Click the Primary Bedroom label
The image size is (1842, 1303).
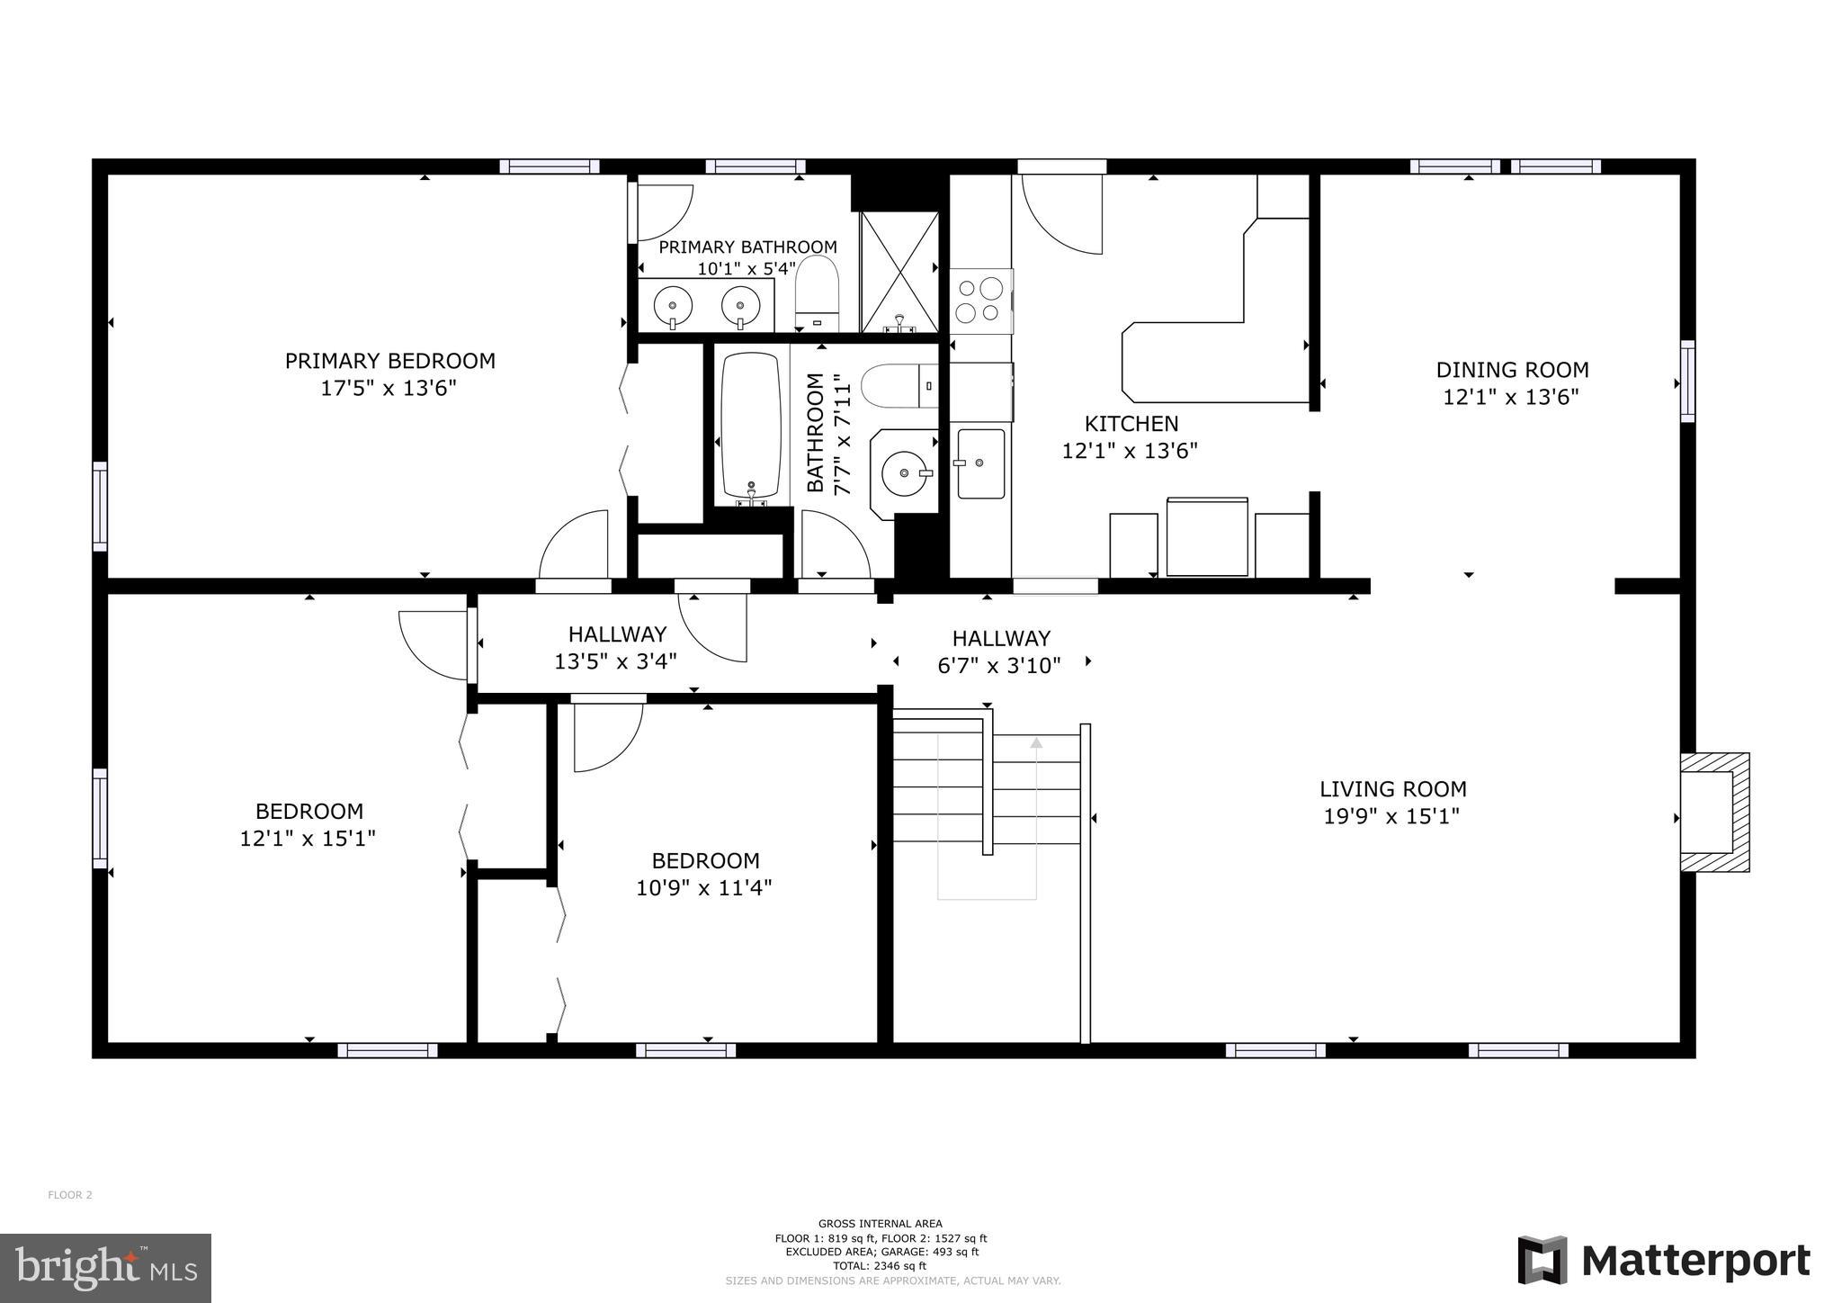(389, 361)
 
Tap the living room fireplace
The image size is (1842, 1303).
(1713, 812)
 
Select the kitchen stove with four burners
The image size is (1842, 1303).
(980, 301)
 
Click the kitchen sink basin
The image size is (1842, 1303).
(980, 463)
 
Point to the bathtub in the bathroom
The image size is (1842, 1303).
(751, 425)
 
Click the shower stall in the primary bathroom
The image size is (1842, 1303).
(899, 272)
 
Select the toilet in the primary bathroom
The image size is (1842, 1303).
(817, 292)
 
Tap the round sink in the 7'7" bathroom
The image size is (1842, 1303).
(903, 473)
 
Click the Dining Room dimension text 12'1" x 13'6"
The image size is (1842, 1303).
(1511, 397)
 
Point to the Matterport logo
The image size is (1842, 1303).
(1664, 1261)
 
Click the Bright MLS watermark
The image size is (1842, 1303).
(106, 1268)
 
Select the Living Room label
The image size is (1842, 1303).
(1392, 789)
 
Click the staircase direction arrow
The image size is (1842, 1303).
(1036, 743)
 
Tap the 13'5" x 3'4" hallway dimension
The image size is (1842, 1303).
(615, 661)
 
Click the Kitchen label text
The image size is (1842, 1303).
(1131, 423)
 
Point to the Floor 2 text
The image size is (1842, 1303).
(70, 1195)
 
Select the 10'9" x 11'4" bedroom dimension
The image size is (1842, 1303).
(704, 888)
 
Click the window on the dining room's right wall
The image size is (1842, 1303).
(1687, 381)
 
